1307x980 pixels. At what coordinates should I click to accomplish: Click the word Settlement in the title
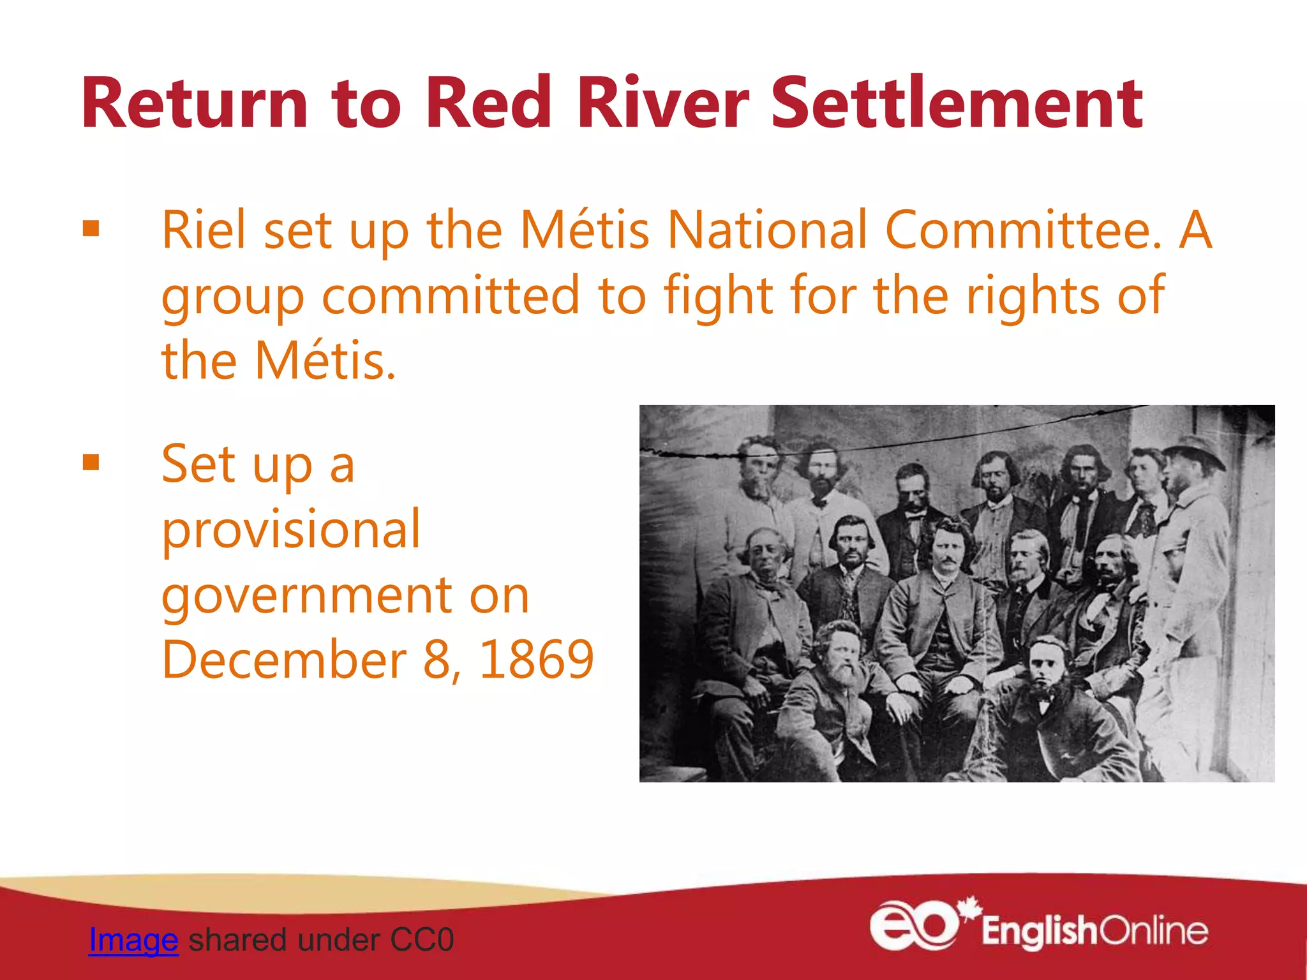click(957, 103)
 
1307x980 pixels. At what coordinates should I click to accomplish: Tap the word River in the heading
click(664, 103)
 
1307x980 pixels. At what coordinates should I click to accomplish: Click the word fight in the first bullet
click(719, 296)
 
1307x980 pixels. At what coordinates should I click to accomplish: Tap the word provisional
click(291, 530)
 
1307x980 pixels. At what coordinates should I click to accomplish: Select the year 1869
click(537, 660)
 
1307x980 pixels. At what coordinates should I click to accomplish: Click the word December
click(285, 660)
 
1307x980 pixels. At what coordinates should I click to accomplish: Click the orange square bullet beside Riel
click(91, 228)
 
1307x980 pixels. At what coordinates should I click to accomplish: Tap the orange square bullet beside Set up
click(91, 462)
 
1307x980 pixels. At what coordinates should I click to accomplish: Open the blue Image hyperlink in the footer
click(133, 940)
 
